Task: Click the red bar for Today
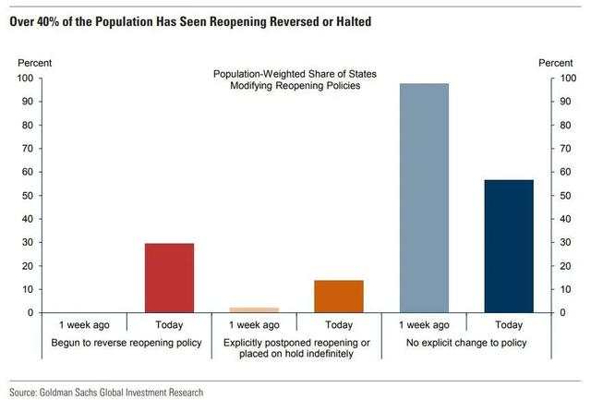click(x=169, y=278)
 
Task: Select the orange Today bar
click(x=339, y=297)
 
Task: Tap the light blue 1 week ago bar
click(x=424, y=198)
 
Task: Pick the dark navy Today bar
click(x=509, y=246)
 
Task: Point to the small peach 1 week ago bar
click(x=254, y=309)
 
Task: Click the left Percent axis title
click(x=35, y=63)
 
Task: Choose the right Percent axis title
click(x=556, y=63)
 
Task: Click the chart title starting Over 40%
click(x=190, y=22)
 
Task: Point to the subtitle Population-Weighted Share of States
click(x=295, y=74)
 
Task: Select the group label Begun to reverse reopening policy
click(x=127, y=343)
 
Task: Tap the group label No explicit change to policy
click(x=466, y=343)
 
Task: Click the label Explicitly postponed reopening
click(x=296, y=343)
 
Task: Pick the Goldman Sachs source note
click(x=106, y=393)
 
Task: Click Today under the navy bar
click(x=509, y=324)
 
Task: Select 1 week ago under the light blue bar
click(x=424, y=325)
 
